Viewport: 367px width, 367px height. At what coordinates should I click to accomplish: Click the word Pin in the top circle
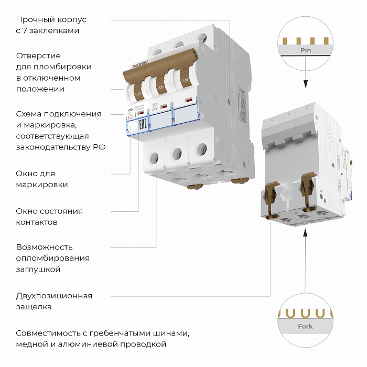[x=305, y=51]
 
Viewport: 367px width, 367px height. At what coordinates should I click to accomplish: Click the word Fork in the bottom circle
[x=305, y=327]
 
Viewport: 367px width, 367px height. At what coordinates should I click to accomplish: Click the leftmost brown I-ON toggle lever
[x=137, y=90]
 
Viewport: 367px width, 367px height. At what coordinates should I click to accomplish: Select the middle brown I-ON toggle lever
[x=160, y=84]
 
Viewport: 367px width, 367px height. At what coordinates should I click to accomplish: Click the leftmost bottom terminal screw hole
[x=155, y=157]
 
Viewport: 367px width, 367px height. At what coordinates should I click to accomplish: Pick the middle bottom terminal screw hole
[x=177, y=153]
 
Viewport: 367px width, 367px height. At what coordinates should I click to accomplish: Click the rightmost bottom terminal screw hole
[x=199, y=149]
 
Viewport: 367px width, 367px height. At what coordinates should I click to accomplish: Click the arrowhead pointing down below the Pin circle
[x=305, y=84]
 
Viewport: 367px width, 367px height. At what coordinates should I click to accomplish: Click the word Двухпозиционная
[x=54, y=296]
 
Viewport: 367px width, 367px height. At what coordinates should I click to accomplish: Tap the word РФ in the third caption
[x=99, y=147]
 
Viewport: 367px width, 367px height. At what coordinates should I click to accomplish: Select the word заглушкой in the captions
[x=38, y=269]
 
